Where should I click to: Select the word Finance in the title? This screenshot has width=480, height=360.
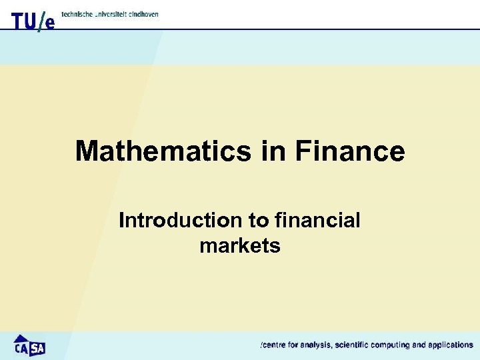349,151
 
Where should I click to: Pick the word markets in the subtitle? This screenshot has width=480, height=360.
240,246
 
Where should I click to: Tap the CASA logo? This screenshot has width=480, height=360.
29,345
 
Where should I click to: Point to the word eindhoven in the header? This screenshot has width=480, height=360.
144,13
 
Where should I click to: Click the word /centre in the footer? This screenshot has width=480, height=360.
272,345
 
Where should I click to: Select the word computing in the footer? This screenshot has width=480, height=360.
393,345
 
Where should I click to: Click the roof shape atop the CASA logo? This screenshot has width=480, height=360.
22,337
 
